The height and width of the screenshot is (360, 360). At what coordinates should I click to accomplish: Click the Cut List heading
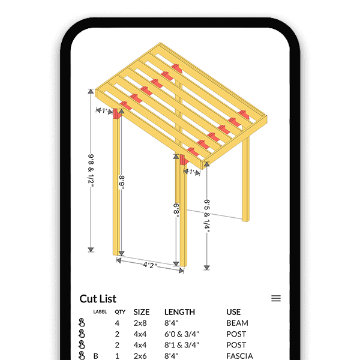(98, 298)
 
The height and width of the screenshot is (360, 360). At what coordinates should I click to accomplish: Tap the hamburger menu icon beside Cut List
(276, 298)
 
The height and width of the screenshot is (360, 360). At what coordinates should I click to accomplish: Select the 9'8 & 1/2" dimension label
(91, 172)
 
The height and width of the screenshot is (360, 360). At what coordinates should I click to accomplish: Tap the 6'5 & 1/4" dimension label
(207, 215)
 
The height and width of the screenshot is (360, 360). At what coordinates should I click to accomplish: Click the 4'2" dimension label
(151, 264)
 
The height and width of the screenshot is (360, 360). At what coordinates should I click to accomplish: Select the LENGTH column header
(179, 312)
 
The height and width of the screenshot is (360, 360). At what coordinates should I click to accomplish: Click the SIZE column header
(142, 312)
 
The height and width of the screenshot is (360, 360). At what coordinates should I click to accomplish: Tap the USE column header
(233, 312)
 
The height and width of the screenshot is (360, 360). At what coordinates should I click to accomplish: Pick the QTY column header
(120, 312)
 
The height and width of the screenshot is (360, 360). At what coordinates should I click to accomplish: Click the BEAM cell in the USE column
(237, 323)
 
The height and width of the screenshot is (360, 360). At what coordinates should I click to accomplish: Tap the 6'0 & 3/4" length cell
(182, 334)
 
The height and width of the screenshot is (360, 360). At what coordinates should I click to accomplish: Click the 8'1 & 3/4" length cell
(182, 345)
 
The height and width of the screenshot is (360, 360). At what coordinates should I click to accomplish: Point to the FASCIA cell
(239, 356)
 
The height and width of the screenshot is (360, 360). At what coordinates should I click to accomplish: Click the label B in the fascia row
(95, 356)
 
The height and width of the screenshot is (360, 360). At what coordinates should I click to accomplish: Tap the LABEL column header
(100, 312)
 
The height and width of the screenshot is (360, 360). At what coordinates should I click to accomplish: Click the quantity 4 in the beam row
(118, 323)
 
